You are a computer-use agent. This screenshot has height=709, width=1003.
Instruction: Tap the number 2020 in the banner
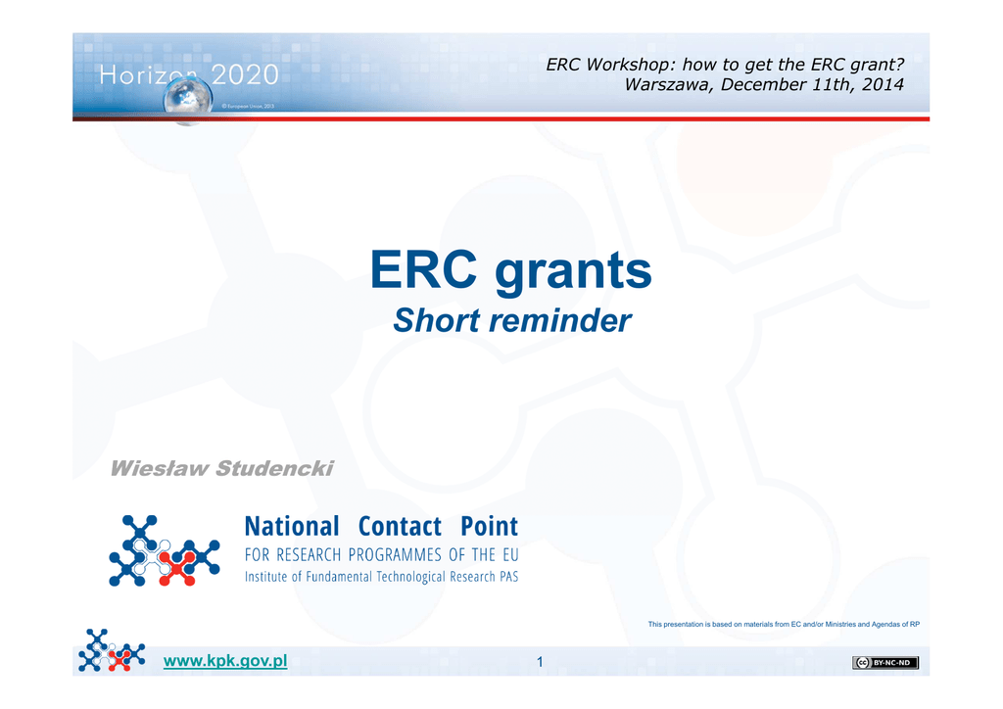(x=245, y=75)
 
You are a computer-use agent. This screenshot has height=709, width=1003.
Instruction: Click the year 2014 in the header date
(x=883, y=84)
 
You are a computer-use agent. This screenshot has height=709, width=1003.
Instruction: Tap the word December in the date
(x=763, y=84)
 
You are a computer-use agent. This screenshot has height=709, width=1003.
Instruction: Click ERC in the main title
(x=423, y=269)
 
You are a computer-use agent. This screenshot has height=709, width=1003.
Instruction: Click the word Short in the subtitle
(x=436, y=320)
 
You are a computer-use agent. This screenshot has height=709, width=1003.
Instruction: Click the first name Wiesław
(x=160, y=468)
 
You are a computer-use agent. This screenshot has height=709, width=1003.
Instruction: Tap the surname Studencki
(x=274, y=468)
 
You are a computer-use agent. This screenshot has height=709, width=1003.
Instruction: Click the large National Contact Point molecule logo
(x=165, y=550)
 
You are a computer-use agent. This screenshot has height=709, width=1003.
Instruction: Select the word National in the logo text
(x=292, y=526)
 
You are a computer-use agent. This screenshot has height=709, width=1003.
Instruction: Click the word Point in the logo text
(x=490, y=526)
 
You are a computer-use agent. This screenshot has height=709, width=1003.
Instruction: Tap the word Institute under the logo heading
(x=266, y=577)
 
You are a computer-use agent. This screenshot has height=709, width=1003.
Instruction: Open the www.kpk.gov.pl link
(x=225, y=661)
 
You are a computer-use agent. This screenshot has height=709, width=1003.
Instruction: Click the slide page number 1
(x=540, y=662)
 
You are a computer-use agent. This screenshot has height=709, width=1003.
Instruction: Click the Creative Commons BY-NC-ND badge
(x=885, y=662)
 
